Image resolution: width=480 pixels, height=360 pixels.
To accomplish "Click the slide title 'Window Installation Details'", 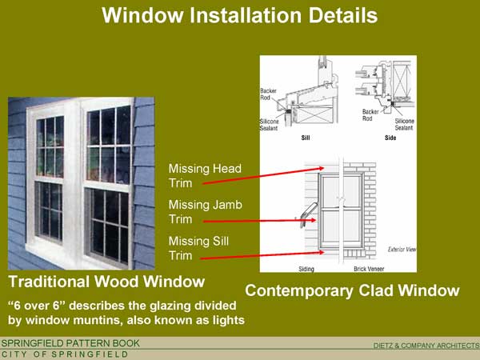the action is (x=240, y=15).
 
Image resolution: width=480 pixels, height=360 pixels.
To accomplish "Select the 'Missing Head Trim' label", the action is (x=205, y=176).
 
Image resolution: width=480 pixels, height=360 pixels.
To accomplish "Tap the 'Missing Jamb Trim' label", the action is (x=206, y=212).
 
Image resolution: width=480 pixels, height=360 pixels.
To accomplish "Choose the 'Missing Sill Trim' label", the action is (x=198, y=248).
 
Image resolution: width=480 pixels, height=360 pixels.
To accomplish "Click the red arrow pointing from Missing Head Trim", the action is (x=263, y=176).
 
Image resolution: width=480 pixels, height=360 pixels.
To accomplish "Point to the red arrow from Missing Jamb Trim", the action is (x=259, y=221).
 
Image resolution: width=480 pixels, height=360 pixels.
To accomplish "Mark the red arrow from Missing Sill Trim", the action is (x=262, y=255).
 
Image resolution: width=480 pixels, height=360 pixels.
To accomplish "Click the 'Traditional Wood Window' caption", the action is (x=106, y=282).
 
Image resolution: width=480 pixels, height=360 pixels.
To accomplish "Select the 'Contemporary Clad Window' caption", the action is (x=352, y=290).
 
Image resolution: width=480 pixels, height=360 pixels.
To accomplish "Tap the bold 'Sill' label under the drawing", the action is (x=306, y=138).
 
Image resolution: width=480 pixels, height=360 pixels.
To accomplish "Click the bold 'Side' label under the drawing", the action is (x=390, y=138).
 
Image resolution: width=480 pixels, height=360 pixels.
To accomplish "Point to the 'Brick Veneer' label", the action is (x=369, y=269).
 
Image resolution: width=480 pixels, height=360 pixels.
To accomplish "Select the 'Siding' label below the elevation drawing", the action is (x=306, y=269).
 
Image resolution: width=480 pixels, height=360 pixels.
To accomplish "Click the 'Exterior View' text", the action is (x=402, y=250).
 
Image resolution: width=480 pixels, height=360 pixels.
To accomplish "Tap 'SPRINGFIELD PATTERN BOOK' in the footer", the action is (x=70, y=343).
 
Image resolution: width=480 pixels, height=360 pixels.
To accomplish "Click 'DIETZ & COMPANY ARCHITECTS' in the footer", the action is (x=426, y=346).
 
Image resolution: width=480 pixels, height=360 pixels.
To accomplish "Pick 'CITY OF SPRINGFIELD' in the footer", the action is (x=65, y=354).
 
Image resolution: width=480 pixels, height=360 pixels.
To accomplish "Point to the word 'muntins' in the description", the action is (x=98, y=320).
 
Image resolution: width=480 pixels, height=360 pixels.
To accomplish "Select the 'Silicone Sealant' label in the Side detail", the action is (x=404, y=124).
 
